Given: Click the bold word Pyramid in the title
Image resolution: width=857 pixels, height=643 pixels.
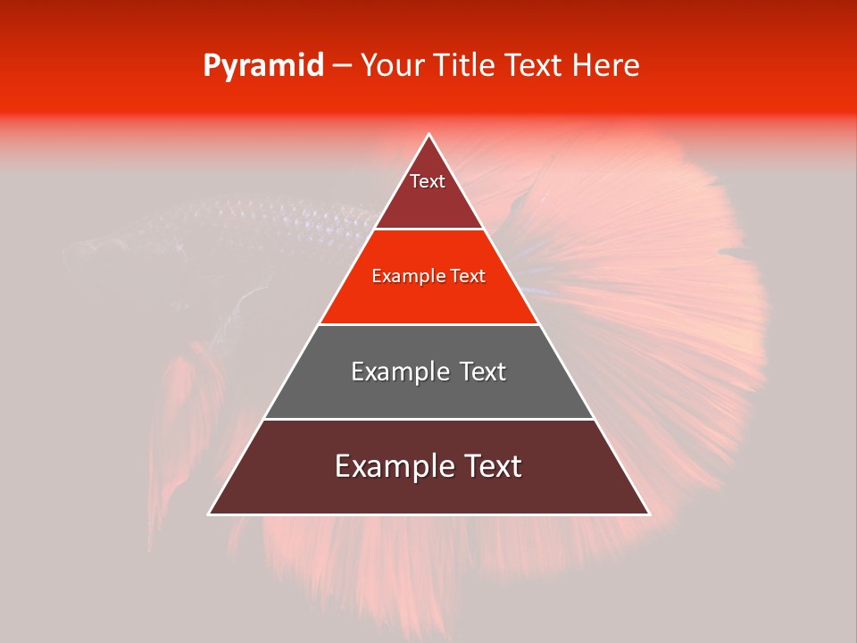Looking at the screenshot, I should coord(262,66).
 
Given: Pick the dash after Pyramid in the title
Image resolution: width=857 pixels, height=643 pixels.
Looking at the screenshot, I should coord(341,66).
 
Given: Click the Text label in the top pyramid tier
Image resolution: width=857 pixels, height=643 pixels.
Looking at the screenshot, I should coord(428,181).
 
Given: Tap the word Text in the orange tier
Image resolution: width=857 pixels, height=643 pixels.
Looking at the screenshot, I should coord(469,277).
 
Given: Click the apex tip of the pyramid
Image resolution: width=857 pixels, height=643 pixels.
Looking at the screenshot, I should coord(428,135).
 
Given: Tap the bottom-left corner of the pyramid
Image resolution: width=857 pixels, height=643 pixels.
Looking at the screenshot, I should coord(210,514).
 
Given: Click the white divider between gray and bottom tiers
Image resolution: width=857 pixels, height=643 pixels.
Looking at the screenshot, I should coord(428,419).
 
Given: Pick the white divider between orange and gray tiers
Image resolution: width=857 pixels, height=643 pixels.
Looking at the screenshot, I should coord(428,324).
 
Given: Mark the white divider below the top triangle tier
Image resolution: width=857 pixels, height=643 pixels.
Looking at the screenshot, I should coord(428,230).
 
